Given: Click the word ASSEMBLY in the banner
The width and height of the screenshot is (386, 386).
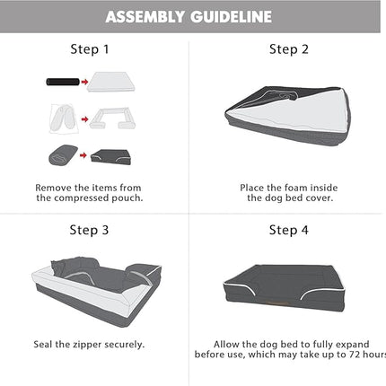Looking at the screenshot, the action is click(x=145, y=17).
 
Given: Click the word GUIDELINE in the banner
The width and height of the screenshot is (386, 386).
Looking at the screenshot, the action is click(x=232, y=17).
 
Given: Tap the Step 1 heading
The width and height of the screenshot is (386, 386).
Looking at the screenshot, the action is click(x=90, y=49).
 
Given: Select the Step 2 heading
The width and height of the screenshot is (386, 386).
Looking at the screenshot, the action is click(x=289, y=49).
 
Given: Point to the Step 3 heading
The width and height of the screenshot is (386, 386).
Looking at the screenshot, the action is click(x=89, y=230).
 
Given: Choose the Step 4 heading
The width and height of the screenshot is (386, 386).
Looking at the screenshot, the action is click(x=289, y=230).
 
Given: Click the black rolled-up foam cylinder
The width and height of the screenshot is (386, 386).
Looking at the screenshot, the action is click(x=63, y=82).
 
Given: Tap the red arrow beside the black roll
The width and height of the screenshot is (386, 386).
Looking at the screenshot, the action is click(x=85, y=82).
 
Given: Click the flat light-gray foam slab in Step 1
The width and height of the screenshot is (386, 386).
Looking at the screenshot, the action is click(x=111, y=82).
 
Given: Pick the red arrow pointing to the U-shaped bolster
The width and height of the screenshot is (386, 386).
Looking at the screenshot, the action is click(x=85, y=119).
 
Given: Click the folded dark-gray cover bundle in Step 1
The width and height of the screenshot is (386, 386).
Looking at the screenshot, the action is click(x=63, y=154).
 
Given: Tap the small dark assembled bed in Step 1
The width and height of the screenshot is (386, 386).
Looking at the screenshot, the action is click(x=111, y=157).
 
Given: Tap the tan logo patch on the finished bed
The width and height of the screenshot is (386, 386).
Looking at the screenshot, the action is click(x=278, y=303).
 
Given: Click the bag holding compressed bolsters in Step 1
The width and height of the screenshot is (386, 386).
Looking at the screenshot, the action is click(x=64, y=118).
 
